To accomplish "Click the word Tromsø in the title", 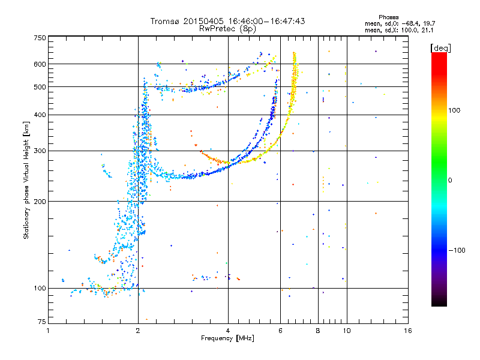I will [164, 21].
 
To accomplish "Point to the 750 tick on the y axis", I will [40, 38].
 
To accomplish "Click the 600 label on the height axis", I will [40, 64].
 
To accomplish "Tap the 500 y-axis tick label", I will [40, 87].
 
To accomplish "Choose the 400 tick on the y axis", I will [40, 115].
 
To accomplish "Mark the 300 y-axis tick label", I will [40, 151].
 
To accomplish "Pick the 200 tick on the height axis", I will [40, 201].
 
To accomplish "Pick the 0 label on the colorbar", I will [451, 180].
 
